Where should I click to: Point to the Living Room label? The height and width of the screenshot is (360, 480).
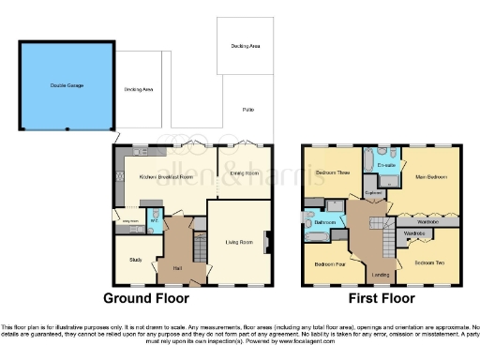coord(240,243)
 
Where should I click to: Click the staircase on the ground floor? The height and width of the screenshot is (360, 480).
coord(198,248)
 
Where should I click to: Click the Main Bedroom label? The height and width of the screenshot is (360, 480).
coord(431,176)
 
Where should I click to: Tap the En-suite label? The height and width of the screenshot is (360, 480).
coord(385,166)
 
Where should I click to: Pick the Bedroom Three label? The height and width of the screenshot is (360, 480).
coord(332,173)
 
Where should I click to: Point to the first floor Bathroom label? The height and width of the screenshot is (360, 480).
coord(325,221)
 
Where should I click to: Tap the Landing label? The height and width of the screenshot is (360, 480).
coord(381,274)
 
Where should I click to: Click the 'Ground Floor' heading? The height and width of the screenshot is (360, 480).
coord(145,299)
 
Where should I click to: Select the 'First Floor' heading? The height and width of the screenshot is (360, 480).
coord(382,299)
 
